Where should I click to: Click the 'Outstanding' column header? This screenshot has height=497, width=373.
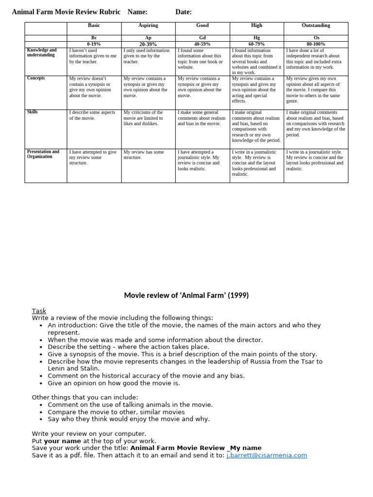(316, 25)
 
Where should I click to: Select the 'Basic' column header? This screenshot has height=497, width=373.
(94, 25)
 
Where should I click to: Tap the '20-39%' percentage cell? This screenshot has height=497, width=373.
(148, 44)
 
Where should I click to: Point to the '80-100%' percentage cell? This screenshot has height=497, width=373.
(316, 44)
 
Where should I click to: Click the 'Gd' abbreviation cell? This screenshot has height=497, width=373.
(203, 37)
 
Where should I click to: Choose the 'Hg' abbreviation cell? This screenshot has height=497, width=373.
(257, 37)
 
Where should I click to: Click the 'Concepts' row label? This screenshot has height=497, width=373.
(36, 78)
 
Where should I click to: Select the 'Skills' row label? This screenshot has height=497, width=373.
(33, 112)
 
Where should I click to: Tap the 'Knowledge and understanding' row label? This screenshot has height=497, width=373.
(42, 52)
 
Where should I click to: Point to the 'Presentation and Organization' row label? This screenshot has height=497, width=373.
(43, 154)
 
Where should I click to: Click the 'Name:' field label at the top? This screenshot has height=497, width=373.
(137, 12)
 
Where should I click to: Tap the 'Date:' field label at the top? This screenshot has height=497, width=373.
(184, 12)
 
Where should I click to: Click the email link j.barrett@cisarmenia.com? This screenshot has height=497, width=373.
(267, 455)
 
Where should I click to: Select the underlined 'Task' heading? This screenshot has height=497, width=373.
(39, 311)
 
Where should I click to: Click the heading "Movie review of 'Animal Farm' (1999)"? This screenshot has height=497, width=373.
(186, 295)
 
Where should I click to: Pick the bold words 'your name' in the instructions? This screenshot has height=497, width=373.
(63, 441)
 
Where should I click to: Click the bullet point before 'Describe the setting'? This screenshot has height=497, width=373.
(41, 348)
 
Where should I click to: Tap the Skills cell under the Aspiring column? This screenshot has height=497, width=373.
(148, 118)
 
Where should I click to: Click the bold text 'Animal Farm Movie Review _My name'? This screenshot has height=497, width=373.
(196, 448)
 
